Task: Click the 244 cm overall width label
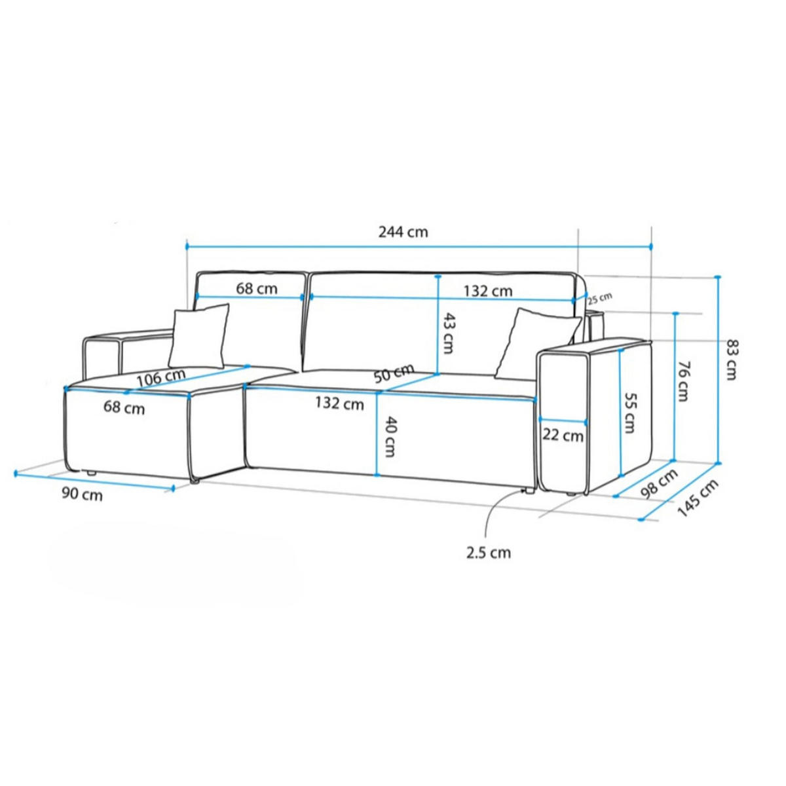[403, 232]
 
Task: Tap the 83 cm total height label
[732, 360]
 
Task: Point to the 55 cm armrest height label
[629, 413]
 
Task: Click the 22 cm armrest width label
[563, 436]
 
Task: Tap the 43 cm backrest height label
[447, 333]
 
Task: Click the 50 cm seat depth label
[394, 373]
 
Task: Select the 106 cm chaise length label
[160, 378]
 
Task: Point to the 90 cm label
[82, 495]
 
